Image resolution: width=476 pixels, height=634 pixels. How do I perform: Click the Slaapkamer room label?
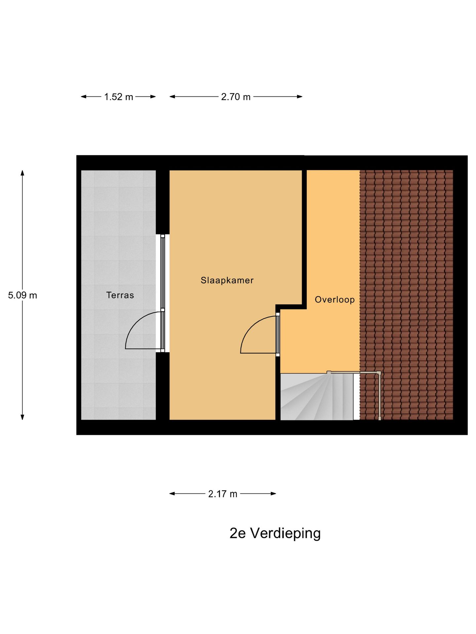point(227,280)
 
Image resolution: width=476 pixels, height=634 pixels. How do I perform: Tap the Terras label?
point(120,295)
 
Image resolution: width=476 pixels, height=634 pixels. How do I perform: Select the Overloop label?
point(335,299)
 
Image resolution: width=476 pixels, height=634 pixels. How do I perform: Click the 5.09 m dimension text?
point(22,295)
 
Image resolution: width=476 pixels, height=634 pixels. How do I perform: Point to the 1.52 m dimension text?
point(118,97)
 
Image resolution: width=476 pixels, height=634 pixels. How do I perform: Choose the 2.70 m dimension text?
point(236,97)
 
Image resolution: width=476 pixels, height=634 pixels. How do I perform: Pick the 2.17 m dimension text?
point(222,494)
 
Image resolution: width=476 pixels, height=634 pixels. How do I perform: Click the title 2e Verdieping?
point(275,533)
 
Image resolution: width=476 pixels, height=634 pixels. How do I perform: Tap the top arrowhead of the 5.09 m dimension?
point(22,173)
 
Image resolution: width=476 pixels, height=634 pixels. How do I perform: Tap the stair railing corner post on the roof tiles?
point(379,373)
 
